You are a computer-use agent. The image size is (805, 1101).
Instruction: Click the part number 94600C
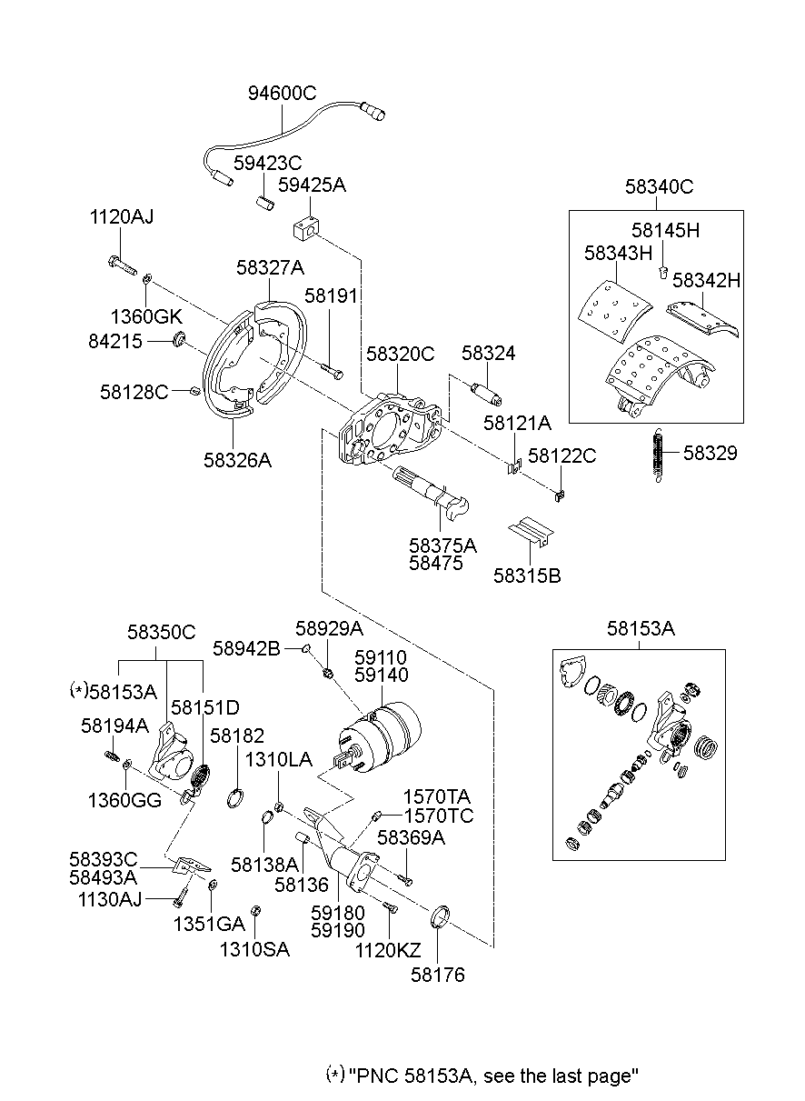point(282,94)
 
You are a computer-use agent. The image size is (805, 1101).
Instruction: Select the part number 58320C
point(400,354)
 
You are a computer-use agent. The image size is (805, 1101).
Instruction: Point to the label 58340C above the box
point(659,187)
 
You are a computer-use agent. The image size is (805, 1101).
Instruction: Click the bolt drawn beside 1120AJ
point(119,265)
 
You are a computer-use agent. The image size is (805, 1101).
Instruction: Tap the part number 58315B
point(527,575)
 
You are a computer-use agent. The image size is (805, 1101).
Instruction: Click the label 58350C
point(161,632)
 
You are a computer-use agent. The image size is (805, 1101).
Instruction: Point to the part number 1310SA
point(254,949)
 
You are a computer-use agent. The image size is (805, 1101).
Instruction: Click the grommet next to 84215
point(179,340)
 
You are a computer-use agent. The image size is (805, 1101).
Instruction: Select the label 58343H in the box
point(618,252)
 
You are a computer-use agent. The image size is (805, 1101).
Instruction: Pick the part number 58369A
point(411,837)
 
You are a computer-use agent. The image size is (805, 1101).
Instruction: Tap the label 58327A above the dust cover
point(270,268)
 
